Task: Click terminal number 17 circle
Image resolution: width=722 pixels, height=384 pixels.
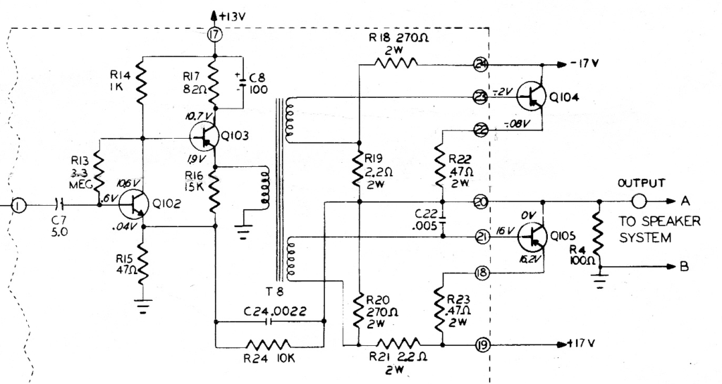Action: [216, 35]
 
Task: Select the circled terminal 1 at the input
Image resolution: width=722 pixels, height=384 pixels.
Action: [18, 205]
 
